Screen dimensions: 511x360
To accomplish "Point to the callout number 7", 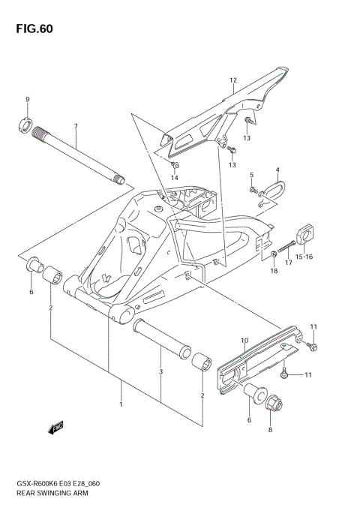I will click(x=75, y=126).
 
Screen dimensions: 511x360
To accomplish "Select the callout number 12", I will click(x=233, y=80).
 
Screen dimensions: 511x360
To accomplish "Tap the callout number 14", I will click(x=175, y=178).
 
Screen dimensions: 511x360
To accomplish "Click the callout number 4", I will click(x=277, y=170).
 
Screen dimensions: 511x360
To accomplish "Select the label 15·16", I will click(x=304, y=257).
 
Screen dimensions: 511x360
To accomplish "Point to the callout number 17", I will click(x=288, y=263).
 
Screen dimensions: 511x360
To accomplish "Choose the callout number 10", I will click(x=244, y=341).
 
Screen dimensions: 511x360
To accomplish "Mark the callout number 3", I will click(x=161, y=371).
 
